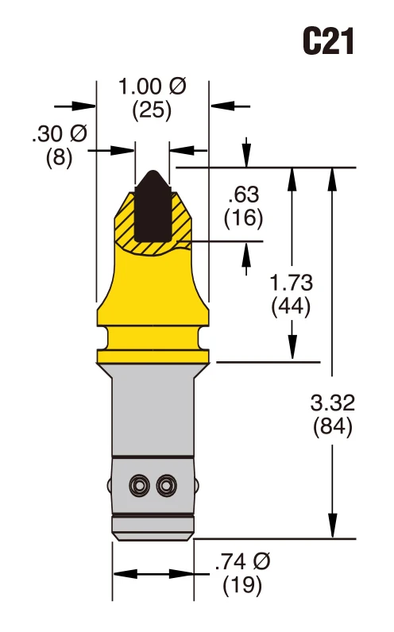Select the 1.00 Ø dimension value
[152, 87]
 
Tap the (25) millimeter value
[152, 110]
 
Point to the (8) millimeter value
[59, 156]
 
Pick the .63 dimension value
[242, 195]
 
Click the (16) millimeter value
[242, 217]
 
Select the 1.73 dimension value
[291, 282]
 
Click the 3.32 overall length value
[332, 403]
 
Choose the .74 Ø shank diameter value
[242, 563]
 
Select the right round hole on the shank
[165, 484]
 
